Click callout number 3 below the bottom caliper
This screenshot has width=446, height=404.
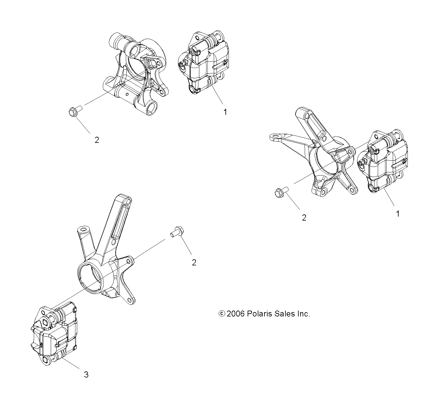(86, 375)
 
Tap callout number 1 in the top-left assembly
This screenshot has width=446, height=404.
(225, 112)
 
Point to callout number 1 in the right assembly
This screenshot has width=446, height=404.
(398, 214)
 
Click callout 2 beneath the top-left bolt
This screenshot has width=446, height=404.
(97, 140)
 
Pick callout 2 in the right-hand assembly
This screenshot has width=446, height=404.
(304, 218)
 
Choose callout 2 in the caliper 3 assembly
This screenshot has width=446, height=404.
(194, 263)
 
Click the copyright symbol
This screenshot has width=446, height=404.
(221, 314)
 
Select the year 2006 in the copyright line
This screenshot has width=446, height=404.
(236, 314)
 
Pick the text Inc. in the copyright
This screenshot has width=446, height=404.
(303, 314)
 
